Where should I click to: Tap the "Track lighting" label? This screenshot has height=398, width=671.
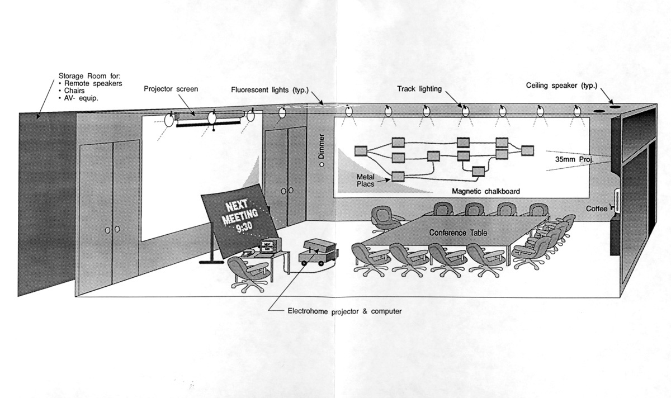pos(419,89)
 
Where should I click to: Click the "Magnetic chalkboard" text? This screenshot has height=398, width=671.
pos(485,191)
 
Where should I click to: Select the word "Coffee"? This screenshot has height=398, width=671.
pos(597,209)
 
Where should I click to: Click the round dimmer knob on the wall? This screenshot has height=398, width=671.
pos(322,165)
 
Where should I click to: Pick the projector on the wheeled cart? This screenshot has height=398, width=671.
pos(319,248)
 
